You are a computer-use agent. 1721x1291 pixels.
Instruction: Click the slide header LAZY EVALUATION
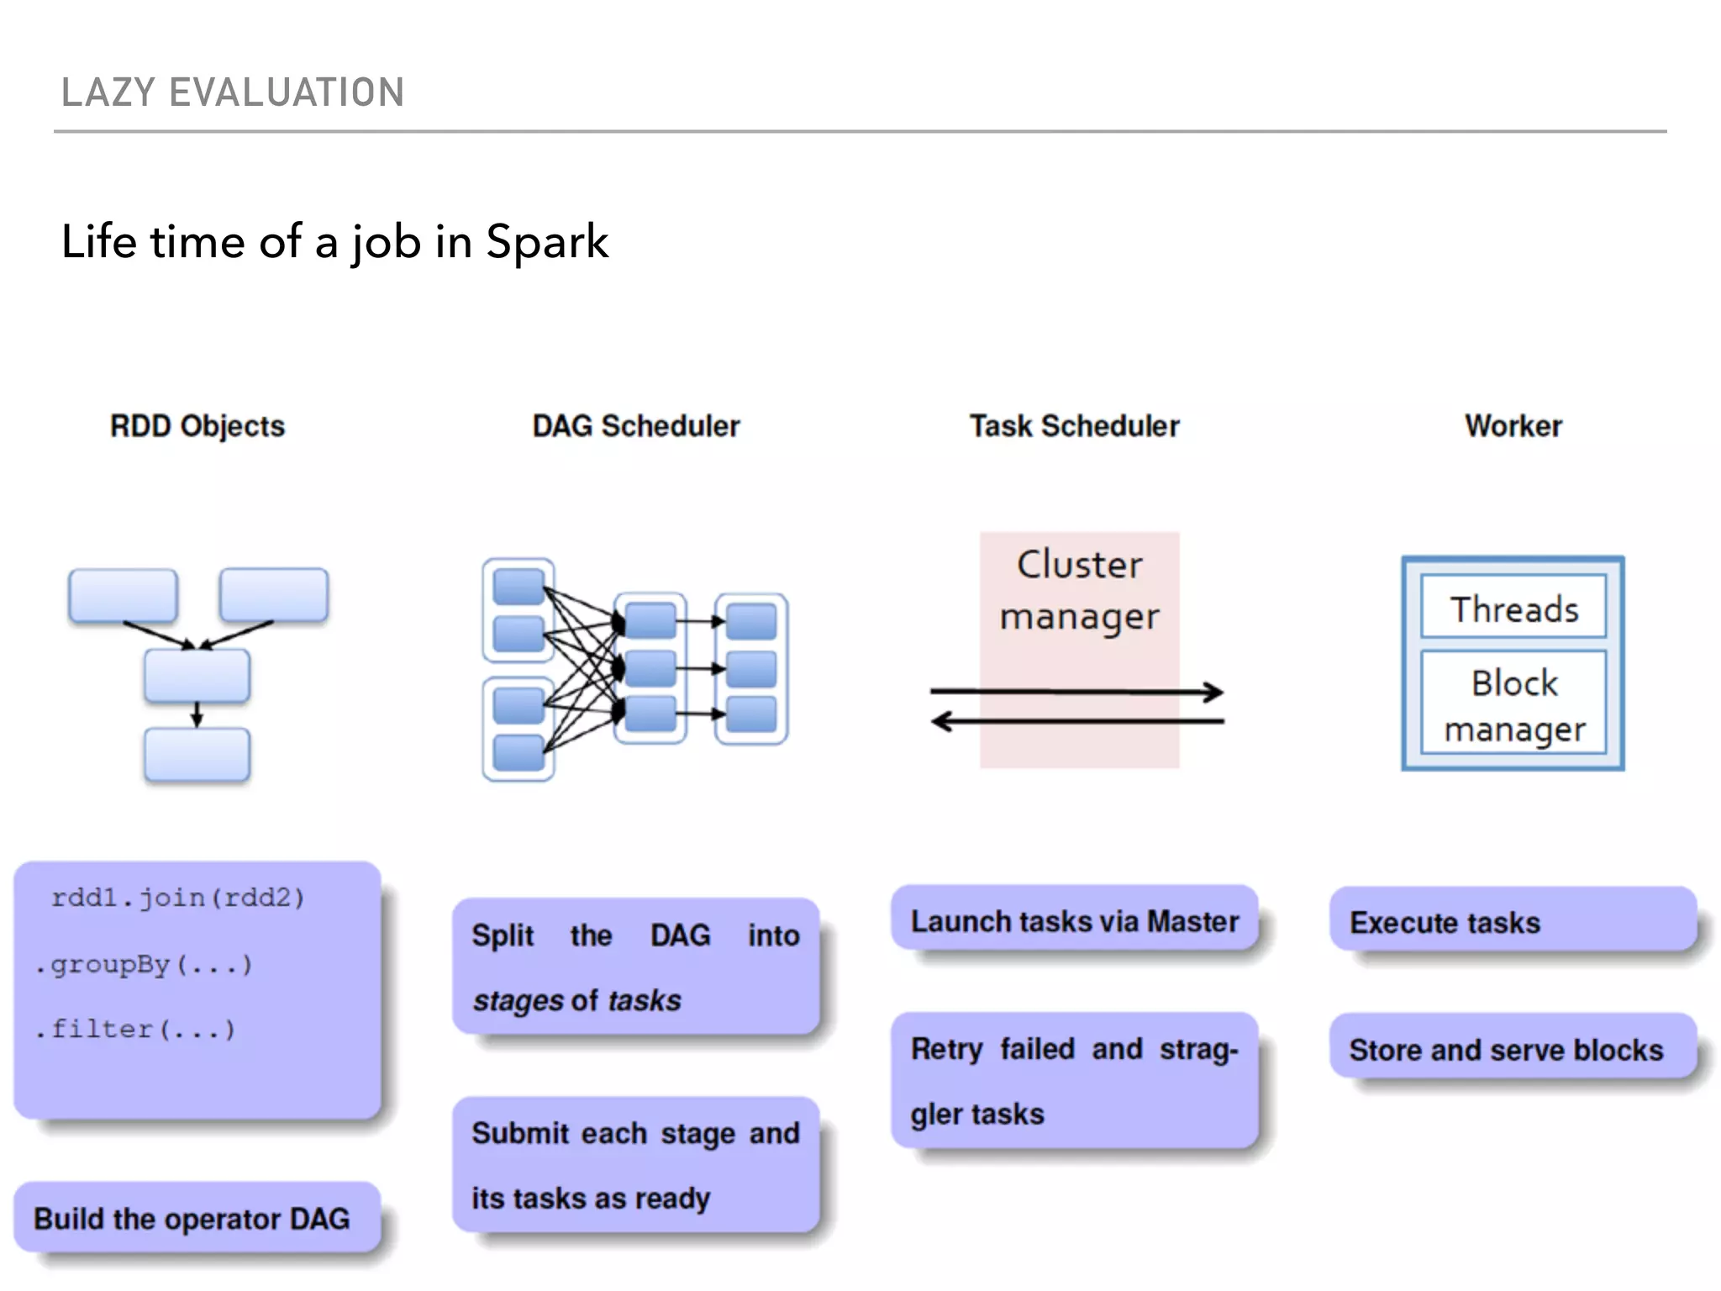click(x=233, y=92)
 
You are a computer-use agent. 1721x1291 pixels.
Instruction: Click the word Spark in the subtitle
click(x=547, y=242)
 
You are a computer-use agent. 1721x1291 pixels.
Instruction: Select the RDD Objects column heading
click(x=197, y=426)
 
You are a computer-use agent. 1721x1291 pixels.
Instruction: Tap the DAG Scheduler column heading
click(x=636, y=426)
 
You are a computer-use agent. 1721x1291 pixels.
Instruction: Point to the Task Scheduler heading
click(x=1074, y=426)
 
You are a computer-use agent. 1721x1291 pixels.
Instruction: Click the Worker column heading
click(x=1513, y=426)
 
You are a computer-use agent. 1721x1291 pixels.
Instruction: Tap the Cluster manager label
click(x=1079, y=590)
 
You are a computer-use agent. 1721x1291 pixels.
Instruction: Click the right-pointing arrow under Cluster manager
click(x=1076, y=692)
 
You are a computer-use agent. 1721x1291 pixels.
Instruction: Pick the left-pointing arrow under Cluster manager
click(x=1076, y=721)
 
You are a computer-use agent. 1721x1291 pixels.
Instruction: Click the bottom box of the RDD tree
click(x=197, y=755)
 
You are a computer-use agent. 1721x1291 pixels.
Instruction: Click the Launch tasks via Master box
click(x=1074, y=921)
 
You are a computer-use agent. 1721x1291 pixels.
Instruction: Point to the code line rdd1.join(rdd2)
click(x=177, y=898)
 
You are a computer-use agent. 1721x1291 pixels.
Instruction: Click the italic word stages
click(x=518, y=1001)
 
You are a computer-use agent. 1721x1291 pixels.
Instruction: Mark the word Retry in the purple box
click(x=946, y=1050)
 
